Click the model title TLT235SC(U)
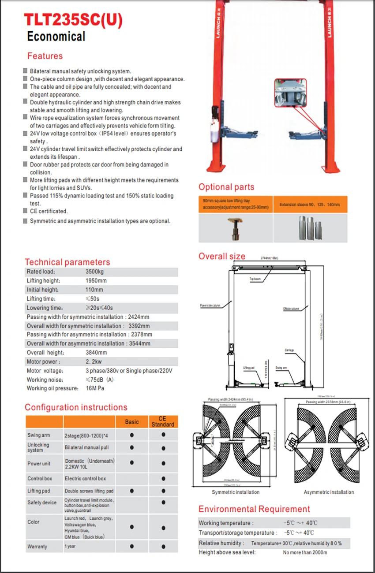(x=73, y=20)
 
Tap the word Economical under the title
(x=56, y=37)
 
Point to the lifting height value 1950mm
(x=96, y=281)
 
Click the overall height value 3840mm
(x=96, y=353)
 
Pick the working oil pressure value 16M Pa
(x=95, y=388)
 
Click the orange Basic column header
(x=131, y=422)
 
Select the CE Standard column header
(x=163, y=422)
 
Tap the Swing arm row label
(x=39, y=435)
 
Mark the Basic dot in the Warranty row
(x=131, y=547)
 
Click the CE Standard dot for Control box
(x=163, y=479)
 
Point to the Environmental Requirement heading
(x=254, y=509)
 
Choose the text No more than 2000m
(x=305, y=552)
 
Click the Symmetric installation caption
(x=236, y=492)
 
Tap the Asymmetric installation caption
(x=329, y=492)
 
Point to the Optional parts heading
(x=226, y=187)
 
